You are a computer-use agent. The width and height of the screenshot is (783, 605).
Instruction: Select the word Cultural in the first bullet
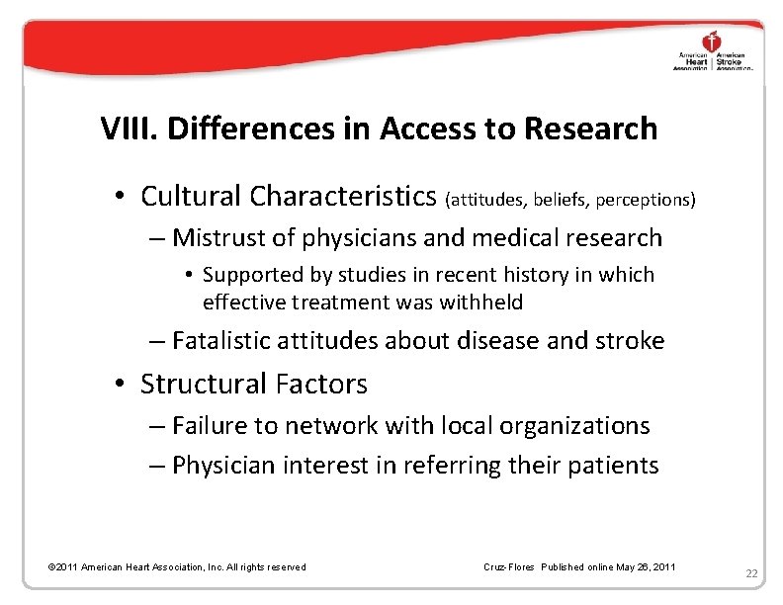point(192,196)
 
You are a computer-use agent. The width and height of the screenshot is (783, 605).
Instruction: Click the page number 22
point(751,573)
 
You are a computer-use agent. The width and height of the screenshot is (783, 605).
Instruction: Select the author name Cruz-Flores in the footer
point(508,567)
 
